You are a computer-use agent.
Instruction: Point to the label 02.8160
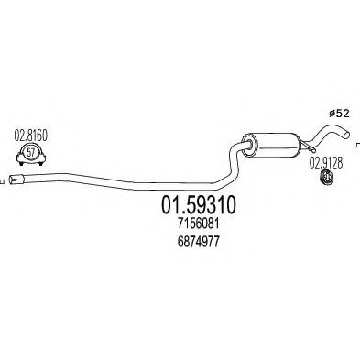31,136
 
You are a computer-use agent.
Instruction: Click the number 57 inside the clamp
32,152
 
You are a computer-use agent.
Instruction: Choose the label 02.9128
323,162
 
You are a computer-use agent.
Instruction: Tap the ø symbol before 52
331,113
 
